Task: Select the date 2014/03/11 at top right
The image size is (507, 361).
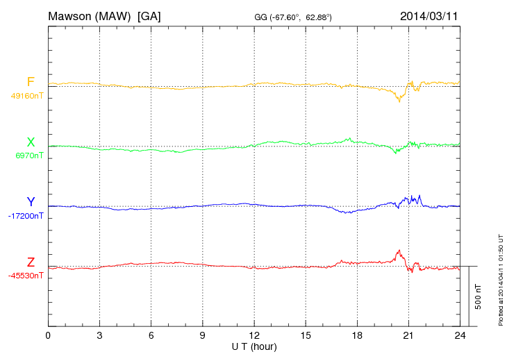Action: [x=429, y=15]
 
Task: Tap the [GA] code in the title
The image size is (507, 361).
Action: [x=149, y=15]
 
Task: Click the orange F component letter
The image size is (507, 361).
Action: [x=31, y=82]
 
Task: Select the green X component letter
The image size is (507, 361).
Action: [x=31, y=142]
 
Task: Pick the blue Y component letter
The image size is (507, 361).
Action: [x=31, y=202]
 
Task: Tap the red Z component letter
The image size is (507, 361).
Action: [x=31, y=262]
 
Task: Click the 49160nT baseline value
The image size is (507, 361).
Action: [x=26, y=96]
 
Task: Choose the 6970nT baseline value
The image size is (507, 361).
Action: [x=29, y=156]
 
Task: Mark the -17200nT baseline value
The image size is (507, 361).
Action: [x=26, y=216]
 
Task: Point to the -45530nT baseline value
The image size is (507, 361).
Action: [x=26, y=276]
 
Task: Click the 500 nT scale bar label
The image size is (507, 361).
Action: [x=478, y=296]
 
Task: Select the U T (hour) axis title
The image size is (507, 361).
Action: [x=254, y=346]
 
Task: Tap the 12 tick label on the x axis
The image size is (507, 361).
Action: [x=254, y=335]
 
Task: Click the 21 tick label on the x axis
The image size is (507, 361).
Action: [x=408, y=335]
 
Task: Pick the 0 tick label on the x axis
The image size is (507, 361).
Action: [x=48, y=335]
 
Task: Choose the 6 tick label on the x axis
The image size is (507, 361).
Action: [x=151, y=335]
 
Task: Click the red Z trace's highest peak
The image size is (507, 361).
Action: [x=399, y=250]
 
